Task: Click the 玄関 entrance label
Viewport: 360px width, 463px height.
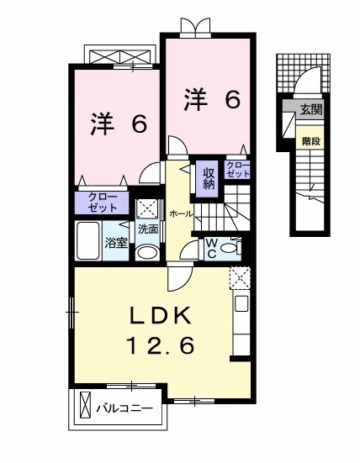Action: (x=311, y=109)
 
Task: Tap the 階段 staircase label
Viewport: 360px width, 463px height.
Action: (x=311, y=140)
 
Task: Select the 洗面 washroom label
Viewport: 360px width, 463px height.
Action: (x=148, y=229)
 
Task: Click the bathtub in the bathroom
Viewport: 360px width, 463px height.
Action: (x=89, y=241)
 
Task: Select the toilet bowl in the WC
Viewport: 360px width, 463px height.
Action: (x=236, y=249)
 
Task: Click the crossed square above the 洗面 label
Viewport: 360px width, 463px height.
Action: (x=147, y=208)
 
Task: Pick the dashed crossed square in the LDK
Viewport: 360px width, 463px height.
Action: (x=240, y=278)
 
